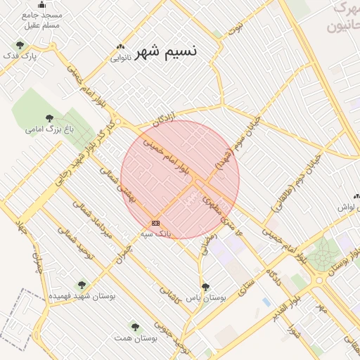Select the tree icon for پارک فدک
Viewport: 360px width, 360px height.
pos(20,45)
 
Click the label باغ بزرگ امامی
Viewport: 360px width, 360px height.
pos(49,129)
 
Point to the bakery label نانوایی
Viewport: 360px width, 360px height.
pos(120,58)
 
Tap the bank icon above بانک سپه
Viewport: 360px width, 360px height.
pos(155,223)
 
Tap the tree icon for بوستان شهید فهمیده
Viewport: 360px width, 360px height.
pos(82,285)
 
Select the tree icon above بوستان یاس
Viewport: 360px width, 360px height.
pos(205,287)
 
